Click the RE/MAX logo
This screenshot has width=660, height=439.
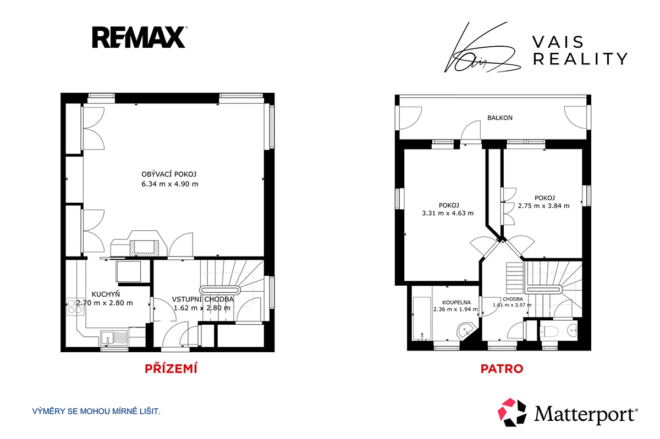click(139, 37)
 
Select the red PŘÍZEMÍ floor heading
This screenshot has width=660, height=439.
click(171, 369)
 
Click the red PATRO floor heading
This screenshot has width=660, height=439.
click(502, 369)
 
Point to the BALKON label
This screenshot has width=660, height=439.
click(500, 118)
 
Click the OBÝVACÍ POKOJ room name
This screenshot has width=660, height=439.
click(169, 174)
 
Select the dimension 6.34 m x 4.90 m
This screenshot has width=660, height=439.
click(170, 184)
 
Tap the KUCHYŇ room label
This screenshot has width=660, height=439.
click(106, 294)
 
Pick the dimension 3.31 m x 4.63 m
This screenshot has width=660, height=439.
click(448, 213)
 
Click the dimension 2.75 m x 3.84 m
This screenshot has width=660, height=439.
click(543, 206)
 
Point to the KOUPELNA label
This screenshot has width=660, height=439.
click(457, 302)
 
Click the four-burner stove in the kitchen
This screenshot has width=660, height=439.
click(75, 307)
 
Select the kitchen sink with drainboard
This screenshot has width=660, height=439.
click(114, 338)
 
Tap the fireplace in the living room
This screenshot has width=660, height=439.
click(139, 244)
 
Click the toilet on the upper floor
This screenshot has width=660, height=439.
click(549, 332)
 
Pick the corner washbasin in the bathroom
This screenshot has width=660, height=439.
click(466, 331)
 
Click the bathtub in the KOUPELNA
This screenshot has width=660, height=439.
click(422, 319)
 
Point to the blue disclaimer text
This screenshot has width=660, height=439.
click(96, 412)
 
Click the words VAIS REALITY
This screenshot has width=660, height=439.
click(580, 51)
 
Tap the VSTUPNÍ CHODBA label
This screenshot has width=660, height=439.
click(203, 299)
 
